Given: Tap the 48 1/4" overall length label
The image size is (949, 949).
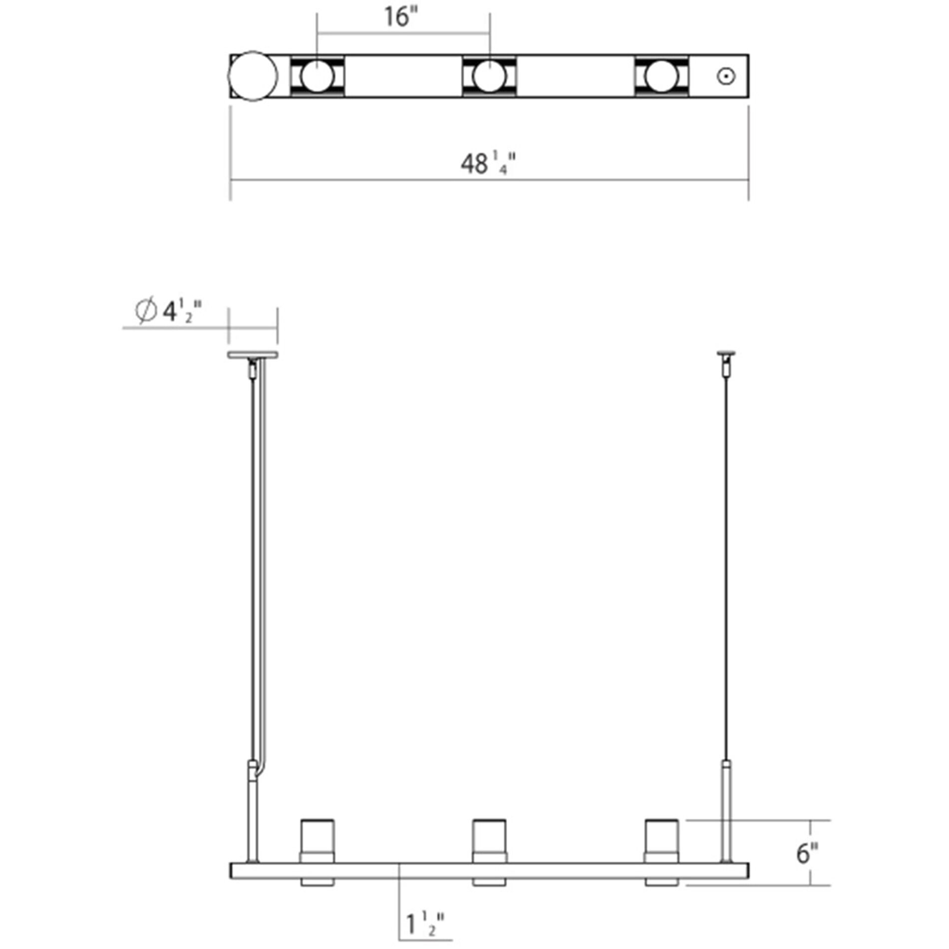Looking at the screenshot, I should click(x=487, y=163).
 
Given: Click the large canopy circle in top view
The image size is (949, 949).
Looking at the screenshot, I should click(x=253, y=76).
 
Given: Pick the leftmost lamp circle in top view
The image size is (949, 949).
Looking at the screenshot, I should click(x=317, y=76).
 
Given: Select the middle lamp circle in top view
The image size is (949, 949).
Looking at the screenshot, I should click(x=489, y=76).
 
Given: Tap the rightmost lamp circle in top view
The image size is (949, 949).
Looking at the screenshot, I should click(x=661, y=76).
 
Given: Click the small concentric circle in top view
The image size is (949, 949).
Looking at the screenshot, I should click(x=726, y=76).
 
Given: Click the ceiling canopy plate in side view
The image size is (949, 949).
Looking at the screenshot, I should click(x=253, y=355).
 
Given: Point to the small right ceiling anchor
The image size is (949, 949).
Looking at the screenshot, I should click(x=726, y=355).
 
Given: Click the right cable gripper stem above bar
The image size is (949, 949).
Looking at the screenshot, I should click(x=726, y=814).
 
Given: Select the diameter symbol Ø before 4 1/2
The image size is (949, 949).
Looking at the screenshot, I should click(x=145, y=312).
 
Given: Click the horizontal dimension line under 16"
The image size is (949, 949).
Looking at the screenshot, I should click(x=403, y=34).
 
